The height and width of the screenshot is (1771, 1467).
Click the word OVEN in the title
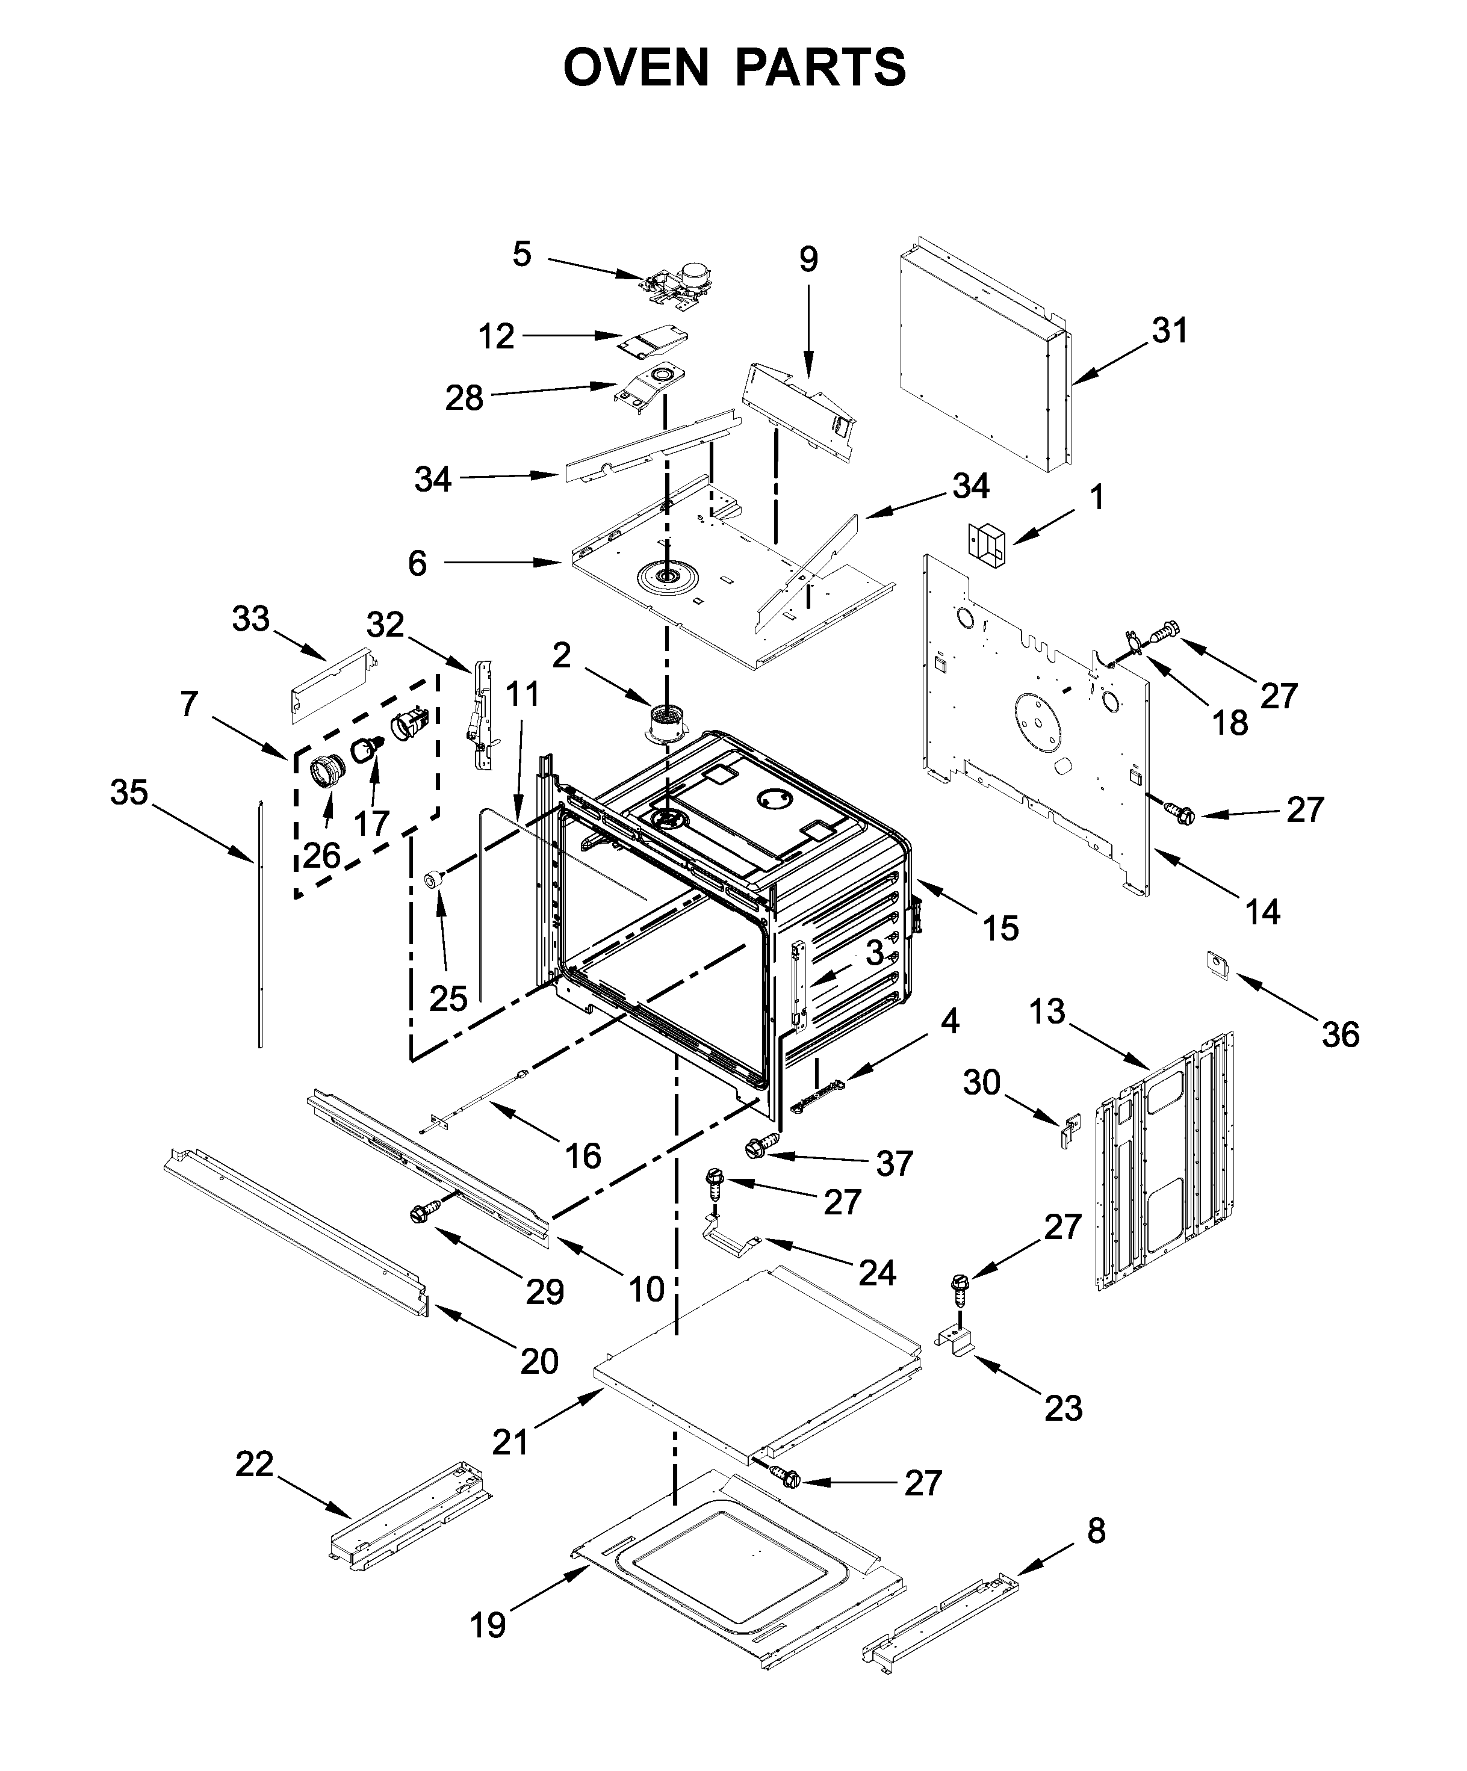[x=635, y=67]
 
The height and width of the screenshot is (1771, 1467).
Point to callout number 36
[x=1339, y=1034]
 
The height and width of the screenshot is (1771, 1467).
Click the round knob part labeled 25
[x=433, y=880]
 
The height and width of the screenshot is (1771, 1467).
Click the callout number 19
[x=488, y=1624]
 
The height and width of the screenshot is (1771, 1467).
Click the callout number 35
[x=129, y=793]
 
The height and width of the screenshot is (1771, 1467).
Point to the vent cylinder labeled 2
[x=666, y=726]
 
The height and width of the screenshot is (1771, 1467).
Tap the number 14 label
[x=1262, y=912]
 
